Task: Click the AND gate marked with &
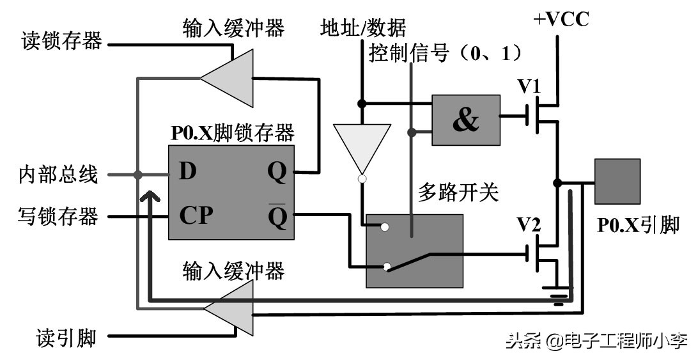466,120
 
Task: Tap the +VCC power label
561,20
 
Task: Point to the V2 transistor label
529,224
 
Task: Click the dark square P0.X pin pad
617,182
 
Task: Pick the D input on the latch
187,171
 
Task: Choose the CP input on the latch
196,216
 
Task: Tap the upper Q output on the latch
278,171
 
